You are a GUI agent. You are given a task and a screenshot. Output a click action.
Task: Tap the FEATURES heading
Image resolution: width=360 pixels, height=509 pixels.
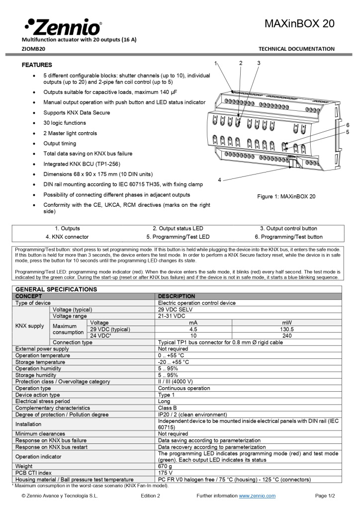point(37,65)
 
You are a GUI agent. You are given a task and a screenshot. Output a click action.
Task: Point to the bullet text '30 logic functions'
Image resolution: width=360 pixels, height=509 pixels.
point(65,123)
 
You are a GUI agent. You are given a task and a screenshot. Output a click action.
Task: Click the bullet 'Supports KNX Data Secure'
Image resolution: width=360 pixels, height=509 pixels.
point(77,112)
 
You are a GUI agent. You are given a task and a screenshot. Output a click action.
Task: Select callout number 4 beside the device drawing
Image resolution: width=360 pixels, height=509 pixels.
point(219,179)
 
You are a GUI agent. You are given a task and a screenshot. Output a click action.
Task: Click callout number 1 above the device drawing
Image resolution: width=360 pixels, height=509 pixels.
point(216,63)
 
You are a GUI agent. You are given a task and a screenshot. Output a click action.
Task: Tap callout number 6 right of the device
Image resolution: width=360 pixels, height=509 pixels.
point(348,125)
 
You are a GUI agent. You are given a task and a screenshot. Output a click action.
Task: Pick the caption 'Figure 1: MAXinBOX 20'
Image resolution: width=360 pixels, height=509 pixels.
point(286,196)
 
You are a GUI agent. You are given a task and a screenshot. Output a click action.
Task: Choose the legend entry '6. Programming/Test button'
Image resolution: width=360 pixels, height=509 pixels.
point(288,237)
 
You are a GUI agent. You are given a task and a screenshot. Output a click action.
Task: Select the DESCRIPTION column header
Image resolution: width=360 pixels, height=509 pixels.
point(177,296)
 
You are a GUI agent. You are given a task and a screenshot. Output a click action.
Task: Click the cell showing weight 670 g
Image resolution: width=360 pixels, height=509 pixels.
point(165,466)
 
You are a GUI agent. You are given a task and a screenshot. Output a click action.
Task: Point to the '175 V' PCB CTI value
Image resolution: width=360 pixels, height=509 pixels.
point(166,473)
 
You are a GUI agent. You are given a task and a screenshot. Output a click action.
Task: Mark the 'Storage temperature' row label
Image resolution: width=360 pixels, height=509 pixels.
point(40,362)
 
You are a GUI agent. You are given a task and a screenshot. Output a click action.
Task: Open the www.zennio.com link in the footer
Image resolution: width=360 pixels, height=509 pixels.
point(257,496)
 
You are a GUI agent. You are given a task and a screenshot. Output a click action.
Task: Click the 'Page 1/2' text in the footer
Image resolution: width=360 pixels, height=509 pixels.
point(325,496)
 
